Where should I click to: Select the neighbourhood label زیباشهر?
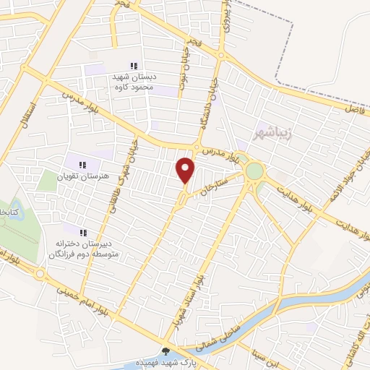[273, 134]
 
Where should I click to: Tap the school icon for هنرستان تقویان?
[81, 164]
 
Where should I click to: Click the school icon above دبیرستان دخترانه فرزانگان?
[83, 233]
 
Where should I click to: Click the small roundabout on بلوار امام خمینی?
[39, 273]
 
